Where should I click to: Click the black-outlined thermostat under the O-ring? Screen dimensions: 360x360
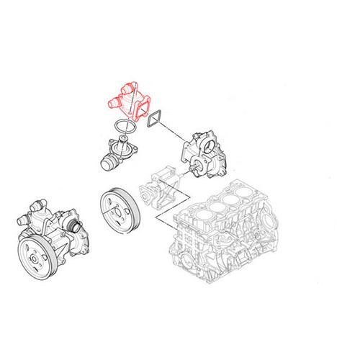point(114,153)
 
